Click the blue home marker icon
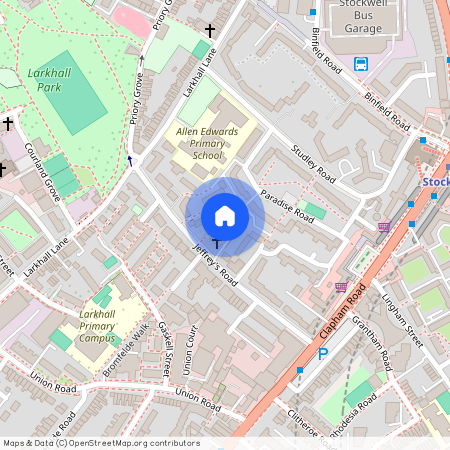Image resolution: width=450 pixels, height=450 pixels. [x=225, y=216]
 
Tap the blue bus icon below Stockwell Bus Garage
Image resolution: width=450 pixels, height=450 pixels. [x=361, y=63]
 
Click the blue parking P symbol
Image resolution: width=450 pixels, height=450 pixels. [x=322, y=354]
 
